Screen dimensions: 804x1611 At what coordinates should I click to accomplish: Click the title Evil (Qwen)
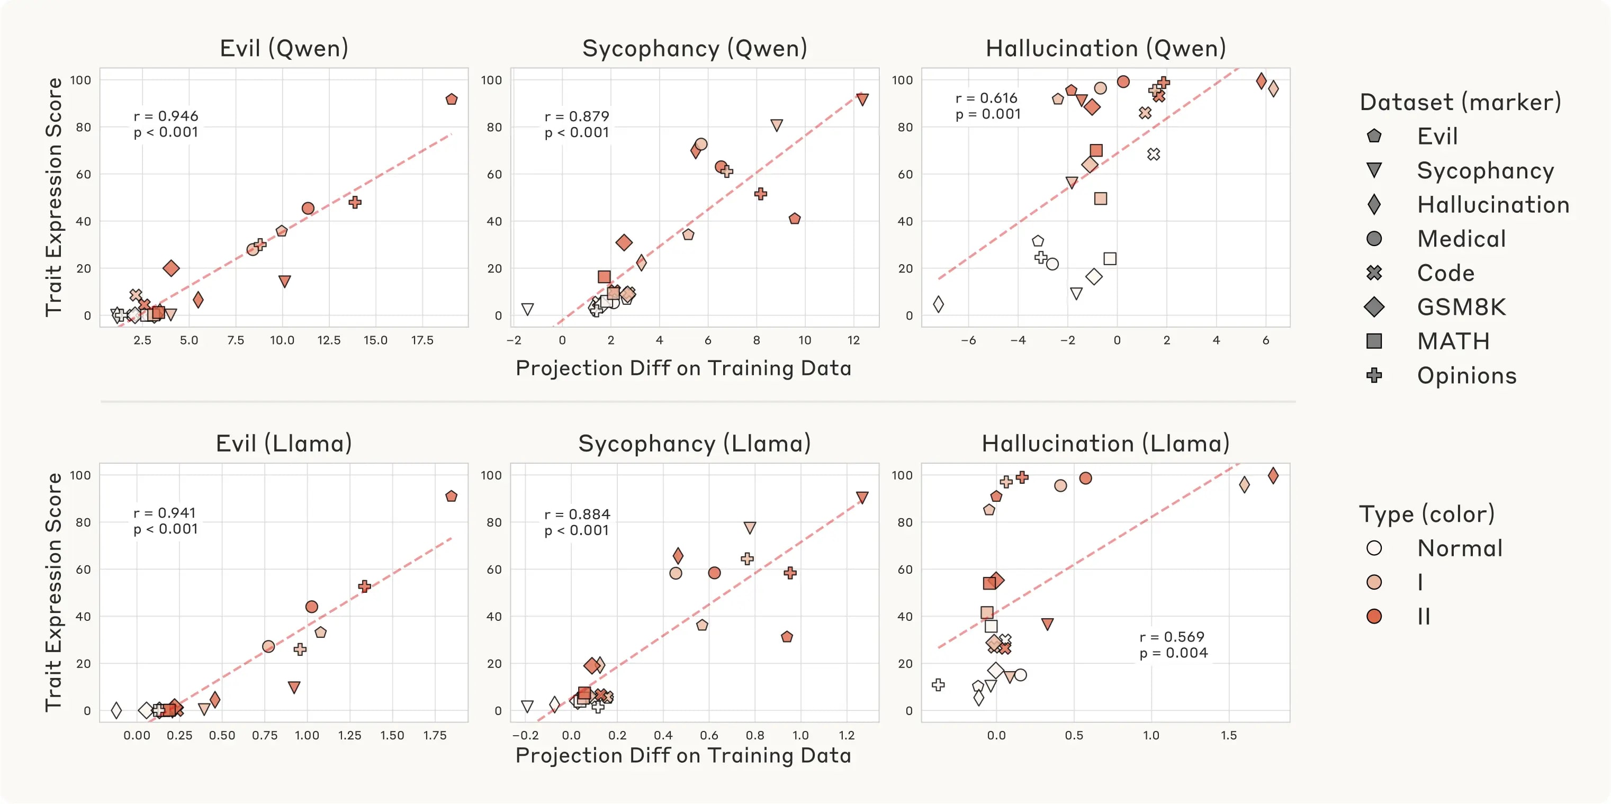[x=284, y=48]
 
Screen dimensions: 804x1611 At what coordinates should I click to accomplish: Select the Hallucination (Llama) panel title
[x=1105, y=443]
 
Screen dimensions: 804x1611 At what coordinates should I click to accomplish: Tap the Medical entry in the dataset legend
[x=1461, y=239]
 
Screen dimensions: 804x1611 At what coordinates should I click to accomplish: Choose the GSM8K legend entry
[x=1461, y=307]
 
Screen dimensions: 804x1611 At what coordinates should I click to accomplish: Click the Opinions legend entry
[x=1466, y=375]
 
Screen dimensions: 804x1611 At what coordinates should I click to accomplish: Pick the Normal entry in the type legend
[x=1459, y=548]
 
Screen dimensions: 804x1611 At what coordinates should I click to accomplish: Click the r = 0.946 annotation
[x=166, y=116]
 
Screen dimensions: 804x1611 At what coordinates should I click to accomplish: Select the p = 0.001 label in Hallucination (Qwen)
[x=988, y=114]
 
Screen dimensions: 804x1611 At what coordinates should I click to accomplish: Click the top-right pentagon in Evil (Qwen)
[x=452, y=100]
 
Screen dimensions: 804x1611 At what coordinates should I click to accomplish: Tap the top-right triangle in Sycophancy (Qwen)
[x=862, y=100]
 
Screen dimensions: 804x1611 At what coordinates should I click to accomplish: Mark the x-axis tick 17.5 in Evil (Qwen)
[x=422, y=340]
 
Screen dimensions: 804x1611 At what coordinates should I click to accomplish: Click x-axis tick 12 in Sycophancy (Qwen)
[x=853, y=340]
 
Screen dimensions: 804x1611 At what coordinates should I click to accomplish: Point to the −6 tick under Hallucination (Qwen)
[x=968, y=340]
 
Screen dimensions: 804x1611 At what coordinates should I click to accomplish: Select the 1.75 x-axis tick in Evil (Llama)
[x=435, y=735]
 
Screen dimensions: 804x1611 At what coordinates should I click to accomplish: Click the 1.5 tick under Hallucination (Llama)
[x=1228, y=735]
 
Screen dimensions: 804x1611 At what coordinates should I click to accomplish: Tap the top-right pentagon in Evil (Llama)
[x=452, y=496]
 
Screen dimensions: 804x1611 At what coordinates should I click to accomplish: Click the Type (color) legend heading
[x=1427, y=514]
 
